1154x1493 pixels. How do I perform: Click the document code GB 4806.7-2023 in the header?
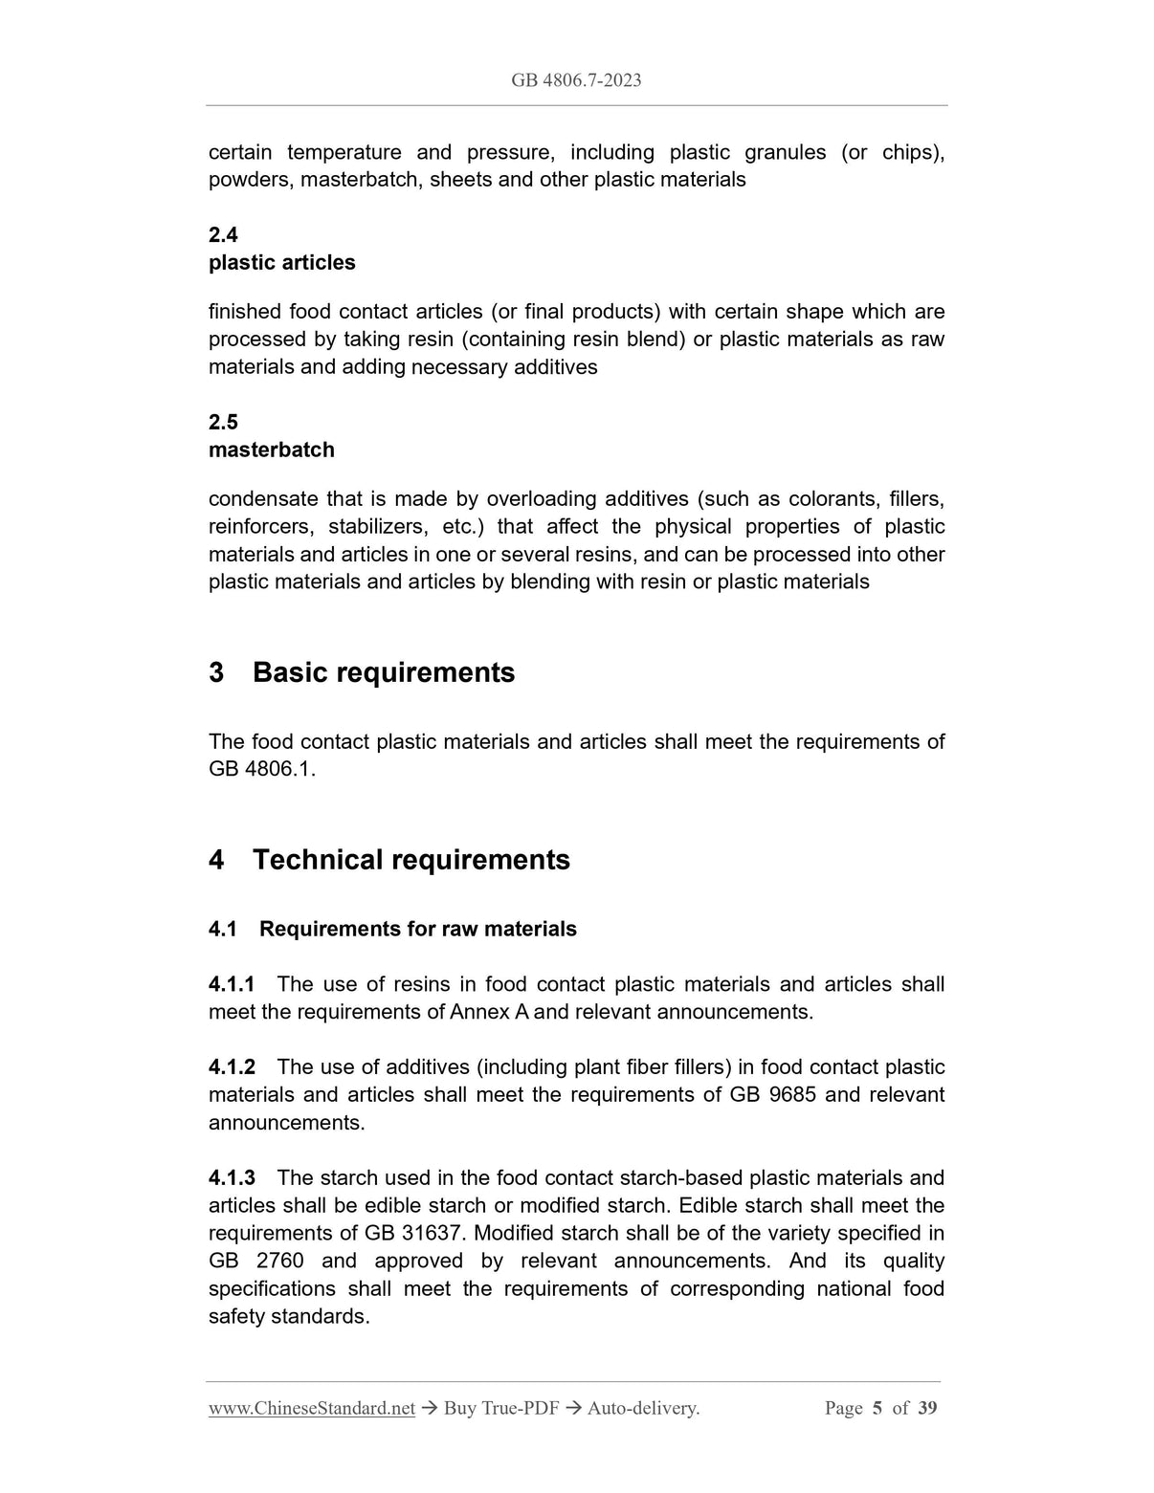point(576,80)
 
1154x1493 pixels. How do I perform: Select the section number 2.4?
point(223,235)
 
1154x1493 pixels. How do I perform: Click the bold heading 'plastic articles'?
point(281,263)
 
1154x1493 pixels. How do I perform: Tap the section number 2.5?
point(223,423)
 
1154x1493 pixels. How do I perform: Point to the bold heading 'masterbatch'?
point(272,450)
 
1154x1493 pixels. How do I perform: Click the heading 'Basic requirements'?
point(383,673)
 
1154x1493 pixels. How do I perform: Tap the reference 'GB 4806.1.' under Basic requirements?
point(261,770)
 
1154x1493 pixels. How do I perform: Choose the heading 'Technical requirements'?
point(411,861)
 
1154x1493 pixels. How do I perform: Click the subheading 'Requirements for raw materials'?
point(417,930)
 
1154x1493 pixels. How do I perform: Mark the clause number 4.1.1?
point(232,985)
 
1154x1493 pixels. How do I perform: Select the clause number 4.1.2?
point(232,1067)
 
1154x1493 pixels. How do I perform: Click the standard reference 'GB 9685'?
point(772,1095)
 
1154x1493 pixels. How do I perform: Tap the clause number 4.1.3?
point(232,1178)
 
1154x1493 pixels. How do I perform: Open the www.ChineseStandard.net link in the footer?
point(311,1409)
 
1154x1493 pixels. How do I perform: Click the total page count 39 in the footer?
point(926,1409)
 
